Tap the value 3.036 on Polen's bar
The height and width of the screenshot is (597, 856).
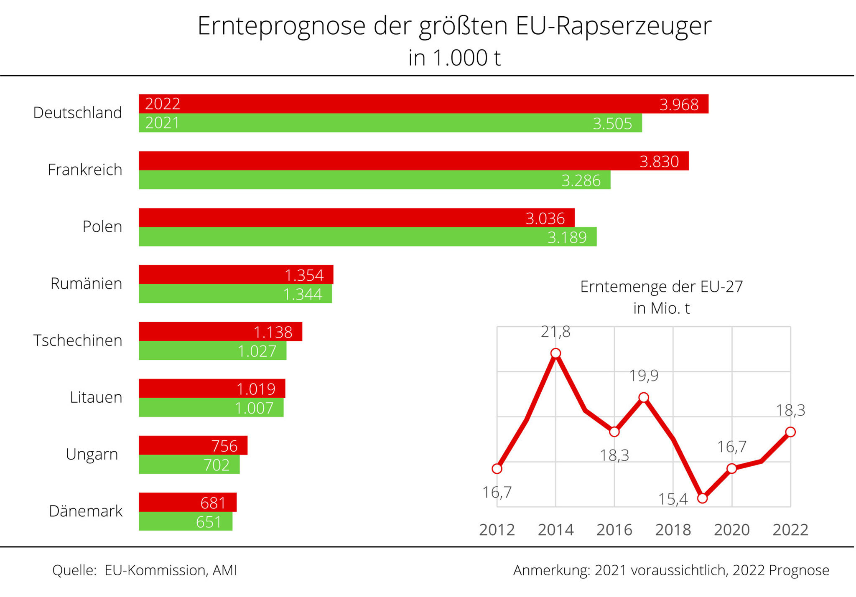click(x=545, y=218)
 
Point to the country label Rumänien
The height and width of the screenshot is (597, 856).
click(x=86, y=284)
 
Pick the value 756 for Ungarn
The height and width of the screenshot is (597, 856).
click(x=224, y=446)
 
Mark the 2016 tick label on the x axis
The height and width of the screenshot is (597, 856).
click(x=614, y=530)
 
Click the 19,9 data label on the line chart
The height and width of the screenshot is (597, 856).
click(x=644, y=376)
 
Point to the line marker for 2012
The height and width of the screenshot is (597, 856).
click(x=497, y=469)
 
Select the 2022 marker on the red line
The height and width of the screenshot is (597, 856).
click(x=790, y=432)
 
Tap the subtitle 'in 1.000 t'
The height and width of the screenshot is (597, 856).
click(x=454, y=58)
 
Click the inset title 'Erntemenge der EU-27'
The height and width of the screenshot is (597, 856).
click(x=661, y=287)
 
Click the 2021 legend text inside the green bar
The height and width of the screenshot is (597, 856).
click(x=162, y=123)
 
